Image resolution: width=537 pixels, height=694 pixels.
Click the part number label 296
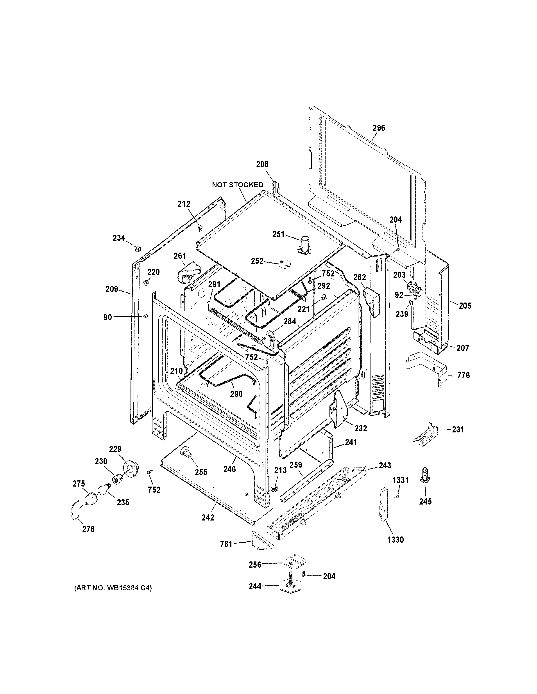tap(379, 128)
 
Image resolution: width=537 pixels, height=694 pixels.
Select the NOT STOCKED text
tap(238, 185)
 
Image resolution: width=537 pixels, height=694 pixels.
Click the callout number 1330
tap(396, 539)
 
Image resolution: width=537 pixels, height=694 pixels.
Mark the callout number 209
tap(112, 289)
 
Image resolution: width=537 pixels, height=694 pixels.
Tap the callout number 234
tap(119, 238)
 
